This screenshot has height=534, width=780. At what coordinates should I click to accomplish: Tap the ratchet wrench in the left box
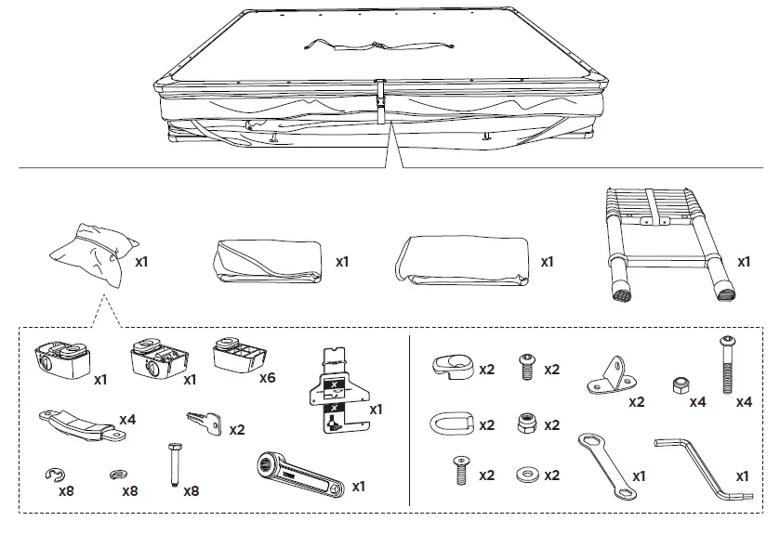point(295,473)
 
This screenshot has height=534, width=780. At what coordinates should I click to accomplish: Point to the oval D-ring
point(450,423)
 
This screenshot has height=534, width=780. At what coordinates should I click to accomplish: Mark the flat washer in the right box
point(525,473)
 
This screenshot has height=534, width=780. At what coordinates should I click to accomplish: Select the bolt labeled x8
point(172,463)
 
